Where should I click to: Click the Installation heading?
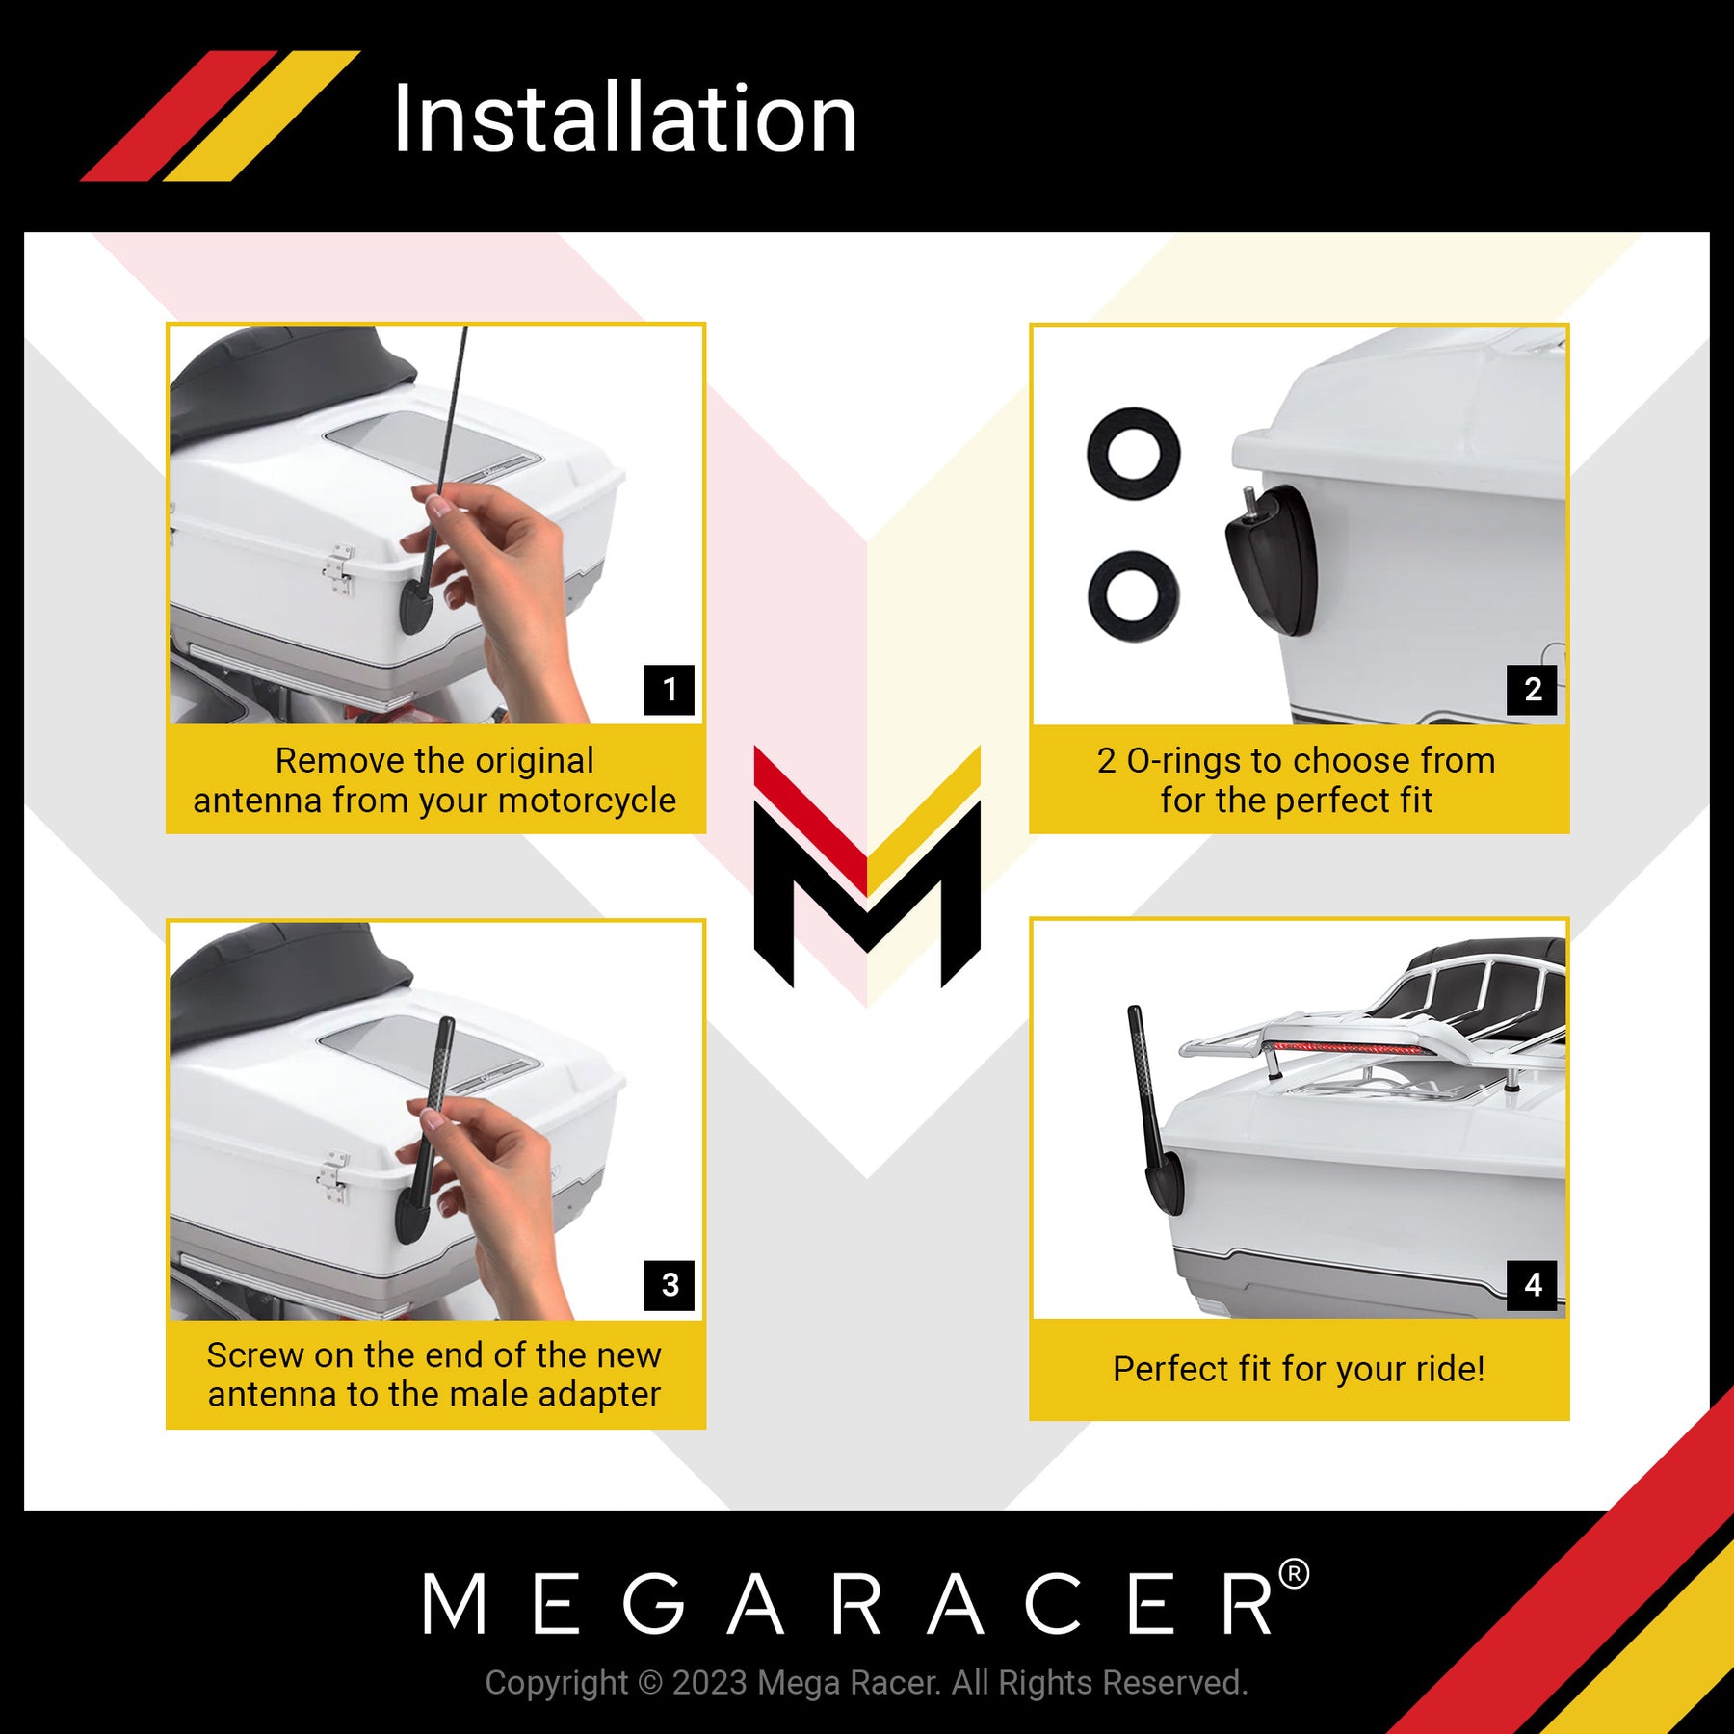625,118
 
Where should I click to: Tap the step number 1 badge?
670,690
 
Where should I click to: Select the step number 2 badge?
1533,690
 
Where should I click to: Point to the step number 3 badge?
670,1285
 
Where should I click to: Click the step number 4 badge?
1533,1285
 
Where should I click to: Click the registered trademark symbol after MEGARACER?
1294,1574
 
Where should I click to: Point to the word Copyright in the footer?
556,1683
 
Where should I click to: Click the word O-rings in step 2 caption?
1184,762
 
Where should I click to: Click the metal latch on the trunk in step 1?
339,569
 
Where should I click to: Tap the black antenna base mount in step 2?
1270,559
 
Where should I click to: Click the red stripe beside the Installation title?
179,116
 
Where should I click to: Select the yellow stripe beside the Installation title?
262,116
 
